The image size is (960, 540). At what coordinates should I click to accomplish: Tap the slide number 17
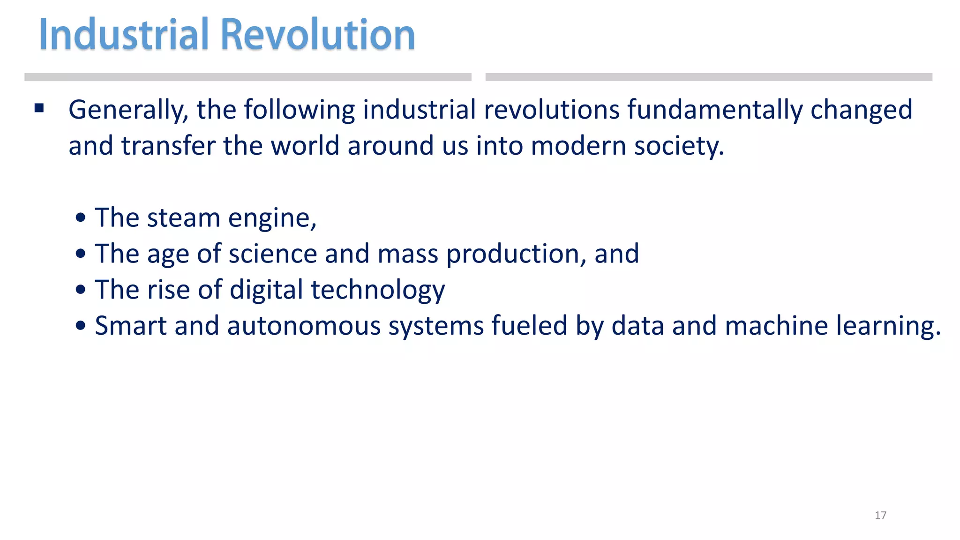[880, 515]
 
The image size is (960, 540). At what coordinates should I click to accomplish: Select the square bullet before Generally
[39, 109]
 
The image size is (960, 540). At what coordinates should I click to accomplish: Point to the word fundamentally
[715, 111]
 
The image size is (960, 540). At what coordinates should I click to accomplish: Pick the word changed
[861, 111]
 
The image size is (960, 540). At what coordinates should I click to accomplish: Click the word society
[679, 146]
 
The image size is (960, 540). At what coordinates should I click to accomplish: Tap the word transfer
[168, 146]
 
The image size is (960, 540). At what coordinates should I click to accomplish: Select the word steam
[183, 218]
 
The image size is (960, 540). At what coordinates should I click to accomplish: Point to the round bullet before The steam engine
[81, 217]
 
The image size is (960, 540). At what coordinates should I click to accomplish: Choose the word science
[273, 254]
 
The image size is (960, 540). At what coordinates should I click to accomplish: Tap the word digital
[266, 290]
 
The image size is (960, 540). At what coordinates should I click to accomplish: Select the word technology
[378, 290]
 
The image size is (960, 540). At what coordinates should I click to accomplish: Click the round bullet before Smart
[81, 325]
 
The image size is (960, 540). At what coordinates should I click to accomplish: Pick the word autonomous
[304, 326]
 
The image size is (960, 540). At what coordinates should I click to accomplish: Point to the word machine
[776, 326]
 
